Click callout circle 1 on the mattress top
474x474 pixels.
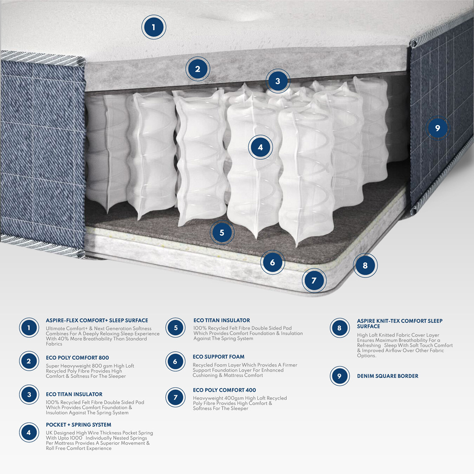pyautogui.click(x=154, y=27)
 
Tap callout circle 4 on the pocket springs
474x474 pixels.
pyautogui.click(x=260, y=147)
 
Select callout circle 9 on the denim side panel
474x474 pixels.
pyautogui.click(x=438, y=128)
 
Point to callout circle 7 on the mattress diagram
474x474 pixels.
pyautogui.click(x=313, y=281)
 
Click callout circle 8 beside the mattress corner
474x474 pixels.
pyautogui.click(x=365, y=265)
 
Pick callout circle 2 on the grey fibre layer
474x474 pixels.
pyautogui.click(x=198, y=69)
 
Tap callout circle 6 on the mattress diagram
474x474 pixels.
pyautogui.click(x=272, y=262)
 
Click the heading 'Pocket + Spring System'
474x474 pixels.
pyautogui.click(x=78, y=425)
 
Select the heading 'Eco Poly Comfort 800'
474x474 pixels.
pyautogui.click(x=77, y=357)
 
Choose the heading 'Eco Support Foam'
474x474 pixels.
pyautogui.click(x=218, y=356)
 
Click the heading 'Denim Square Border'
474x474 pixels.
pyautogui.click(x=387, y=376)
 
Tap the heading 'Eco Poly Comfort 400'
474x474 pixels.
pyautogui.click(x=224, y=390)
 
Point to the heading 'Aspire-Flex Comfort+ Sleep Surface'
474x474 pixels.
pyautogui.click(x=97, y=320)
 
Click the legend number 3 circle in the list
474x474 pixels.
pyautogui.click(x=29, y=394)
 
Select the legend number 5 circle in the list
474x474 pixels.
pyautogui.click(x=175, y=328)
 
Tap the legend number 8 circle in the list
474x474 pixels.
pyautogui.click(x=339, y=328)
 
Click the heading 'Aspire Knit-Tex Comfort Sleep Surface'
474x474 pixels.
pyautogui.click(x=399, y=323)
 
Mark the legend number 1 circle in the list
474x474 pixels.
pyautogui.click(x=29, y=328)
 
